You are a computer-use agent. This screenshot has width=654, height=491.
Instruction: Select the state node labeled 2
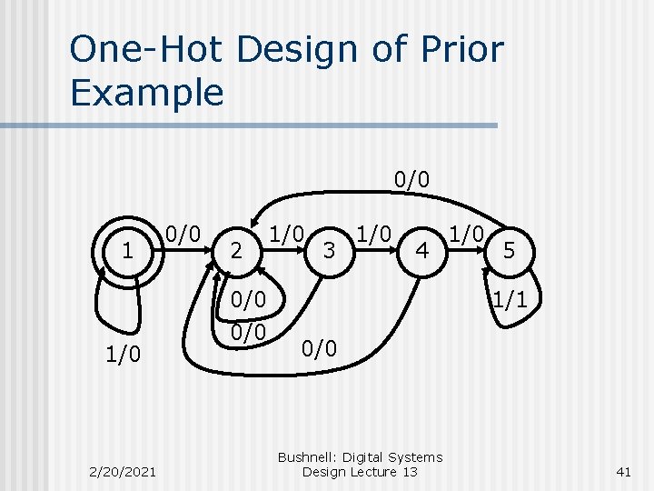click(236, 249)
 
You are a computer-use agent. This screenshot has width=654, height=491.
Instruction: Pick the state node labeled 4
click(421, 248)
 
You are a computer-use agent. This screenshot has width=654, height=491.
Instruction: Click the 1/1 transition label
click(509, 299)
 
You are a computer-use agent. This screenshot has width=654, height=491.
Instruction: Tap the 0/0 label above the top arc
click(411, 177)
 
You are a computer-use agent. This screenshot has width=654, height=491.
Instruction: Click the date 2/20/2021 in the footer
click(123, 471)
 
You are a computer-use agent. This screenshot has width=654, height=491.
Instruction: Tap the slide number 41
click(622, 471)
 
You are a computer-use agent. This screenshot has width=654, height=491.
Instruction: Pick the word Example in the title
click(146, 92)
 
